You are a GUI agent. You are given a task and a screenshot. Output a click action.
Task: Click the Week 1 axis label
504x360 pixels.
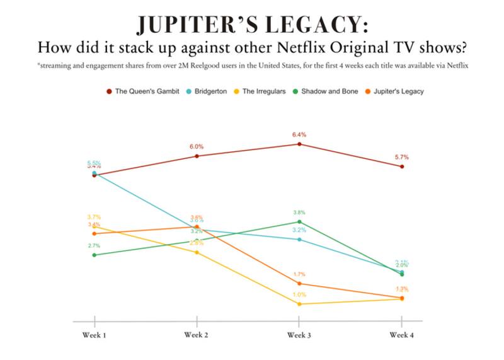click(x=94, y=334)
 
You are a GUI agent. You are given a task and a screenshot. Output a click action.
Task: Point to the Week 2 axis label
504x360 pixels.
click(x=197, y=334)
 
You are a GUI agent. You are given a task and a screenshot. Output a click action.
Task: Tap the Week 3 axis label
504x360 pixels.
click(x=299, y=334)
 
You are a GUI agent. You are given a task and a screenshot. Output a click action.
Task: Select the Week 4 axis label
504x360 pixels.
click(x=402, y=334)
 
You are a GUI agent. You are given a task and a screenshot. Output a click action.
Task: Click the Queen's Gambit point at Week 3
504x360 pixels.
click(x=299, y=144)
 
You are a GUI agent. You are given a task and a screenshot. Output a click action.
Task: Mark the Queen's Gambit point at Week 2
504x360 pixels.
click(x=197, y=156)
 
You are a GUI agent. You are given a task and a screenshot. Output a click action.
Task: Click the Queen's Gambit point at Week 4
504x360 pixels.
click(x=402, y=166)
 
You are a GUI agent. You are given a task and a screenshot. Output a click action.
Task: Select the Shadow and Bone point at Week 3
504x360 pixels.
click(x=299, y=222)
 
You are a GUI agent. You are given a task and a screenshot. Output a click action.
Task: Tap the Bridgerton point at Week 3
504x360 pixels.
click(x=299, y=240)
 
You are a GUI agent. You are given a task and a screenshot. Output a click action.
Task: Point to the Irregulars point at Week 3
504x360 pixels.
click(x=299, y=304)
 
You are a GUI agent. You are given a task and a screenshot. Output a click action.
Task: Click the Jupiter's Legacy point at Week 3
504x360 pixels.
click(x=299, y=284)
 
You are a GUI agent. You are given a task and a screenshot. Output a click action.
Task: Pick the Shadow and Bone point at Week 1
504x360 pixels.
click(x=94, y=255)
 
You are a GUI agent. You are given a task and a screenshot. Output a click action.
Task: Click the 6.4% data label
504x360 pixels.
click(x=299, y=134)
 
